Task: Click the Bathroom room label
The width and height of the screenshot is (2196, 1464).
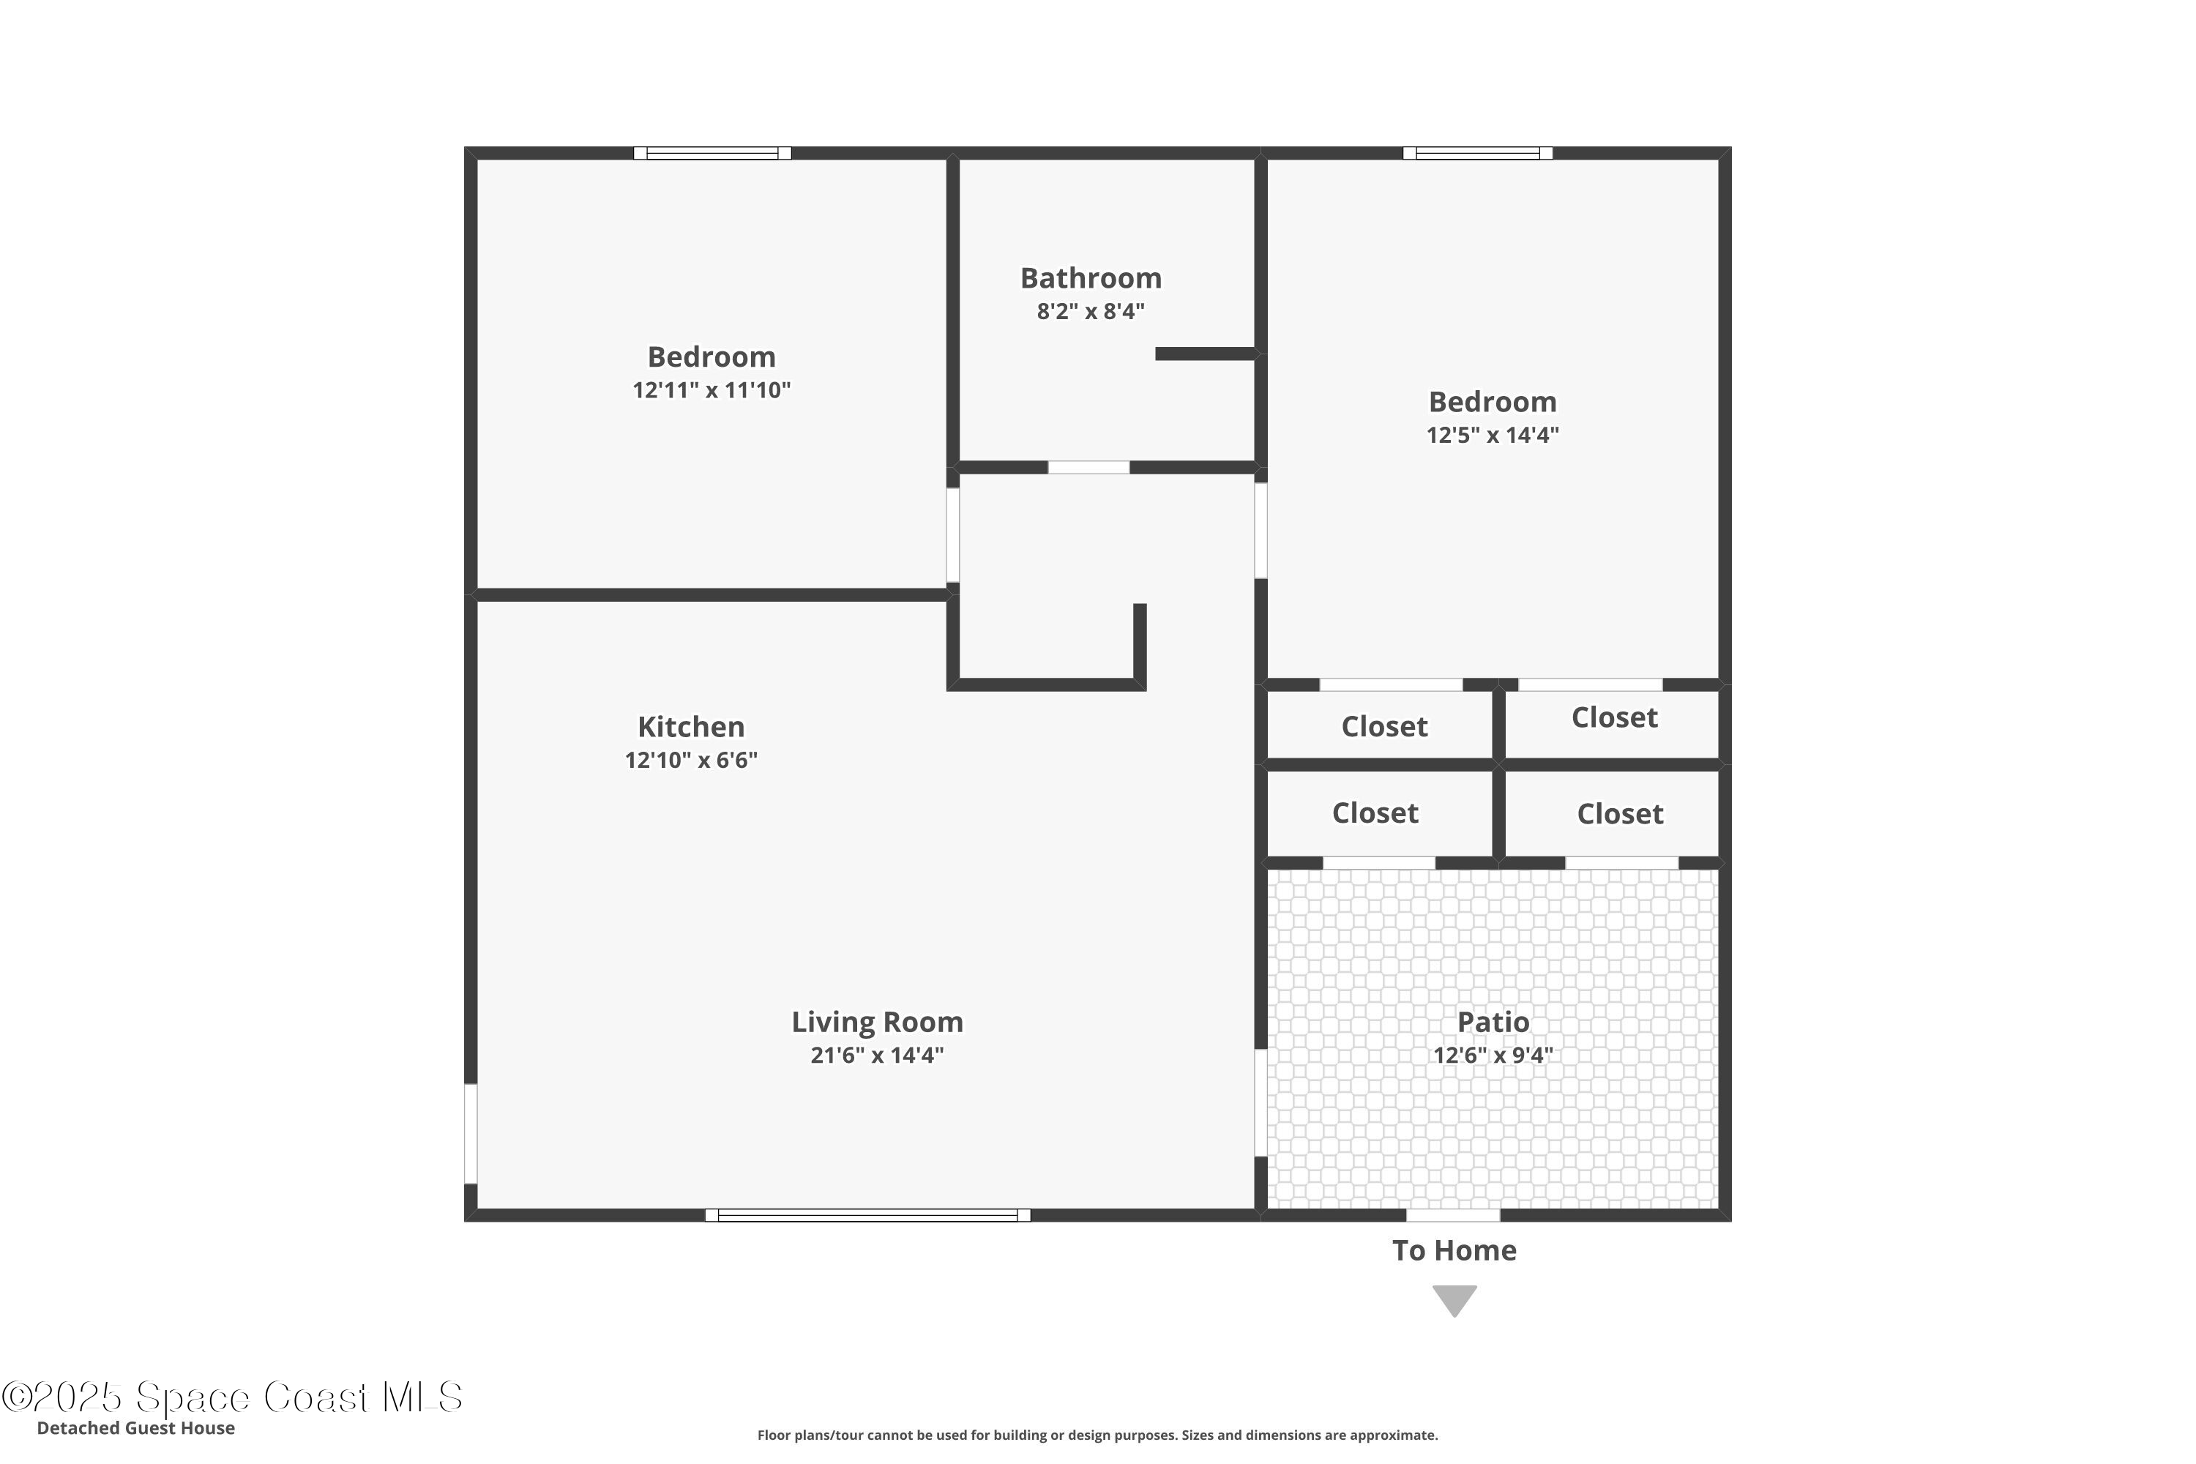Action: point(1091,278)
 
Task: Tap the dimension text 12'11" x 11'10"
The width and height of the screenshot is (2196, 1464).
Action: point(712,390)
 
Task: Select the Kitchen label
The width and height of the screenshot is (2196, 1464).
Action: point(691,726)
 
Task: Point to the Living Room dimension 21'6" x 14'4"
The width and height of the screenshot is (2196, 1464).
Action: point(877,1055)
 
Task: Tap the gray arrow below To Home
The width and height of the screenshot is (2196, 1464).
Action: point(1454,1301)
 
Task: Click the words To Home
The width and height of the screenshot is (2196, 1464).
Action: point(1454,1250)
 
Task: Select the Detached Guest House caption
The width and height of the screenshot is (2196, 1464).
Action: point(136,1427)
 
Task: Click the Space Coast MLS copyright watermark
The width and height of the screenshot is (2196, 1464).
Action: point(231,1397)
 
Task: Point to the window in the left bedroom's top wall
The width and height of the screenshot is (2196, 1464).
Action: point(712,153)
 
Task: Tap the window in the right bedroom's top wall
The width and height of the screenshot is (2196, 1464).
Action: point(1478,153)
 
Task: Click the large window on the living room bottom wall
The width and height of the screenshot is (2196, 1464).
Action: point(867,1214)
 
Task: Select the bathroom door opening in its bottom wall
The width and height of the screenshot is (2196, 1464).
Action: point(1088,467)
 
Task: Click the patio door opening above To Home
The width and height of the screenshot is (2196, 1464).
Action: point(1453,1214)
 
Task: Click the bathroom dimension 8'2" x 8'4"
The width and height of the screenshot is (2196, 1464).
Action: point(1091,312)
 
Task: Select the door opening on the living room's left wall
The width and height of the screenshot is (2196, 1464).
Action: point(471,1133)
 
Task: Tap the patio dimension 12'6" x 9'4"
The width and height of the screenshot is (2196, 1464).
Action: point(1493,1055)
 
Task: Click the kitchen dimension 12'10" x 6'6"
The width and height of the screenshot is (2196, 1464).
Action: point(691,760)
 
